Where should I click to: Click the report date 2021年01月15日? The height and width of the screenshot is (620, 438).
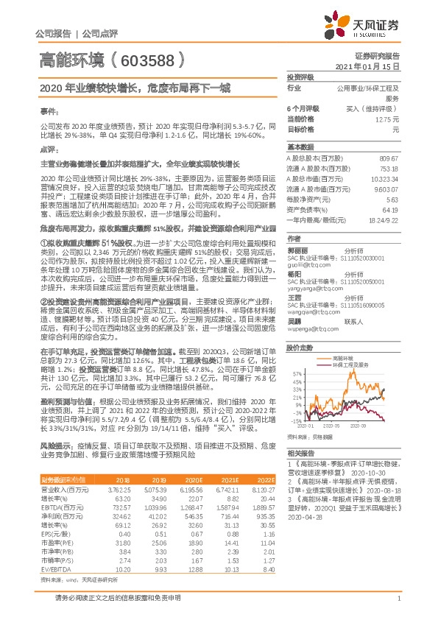(x=377, y=66)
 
